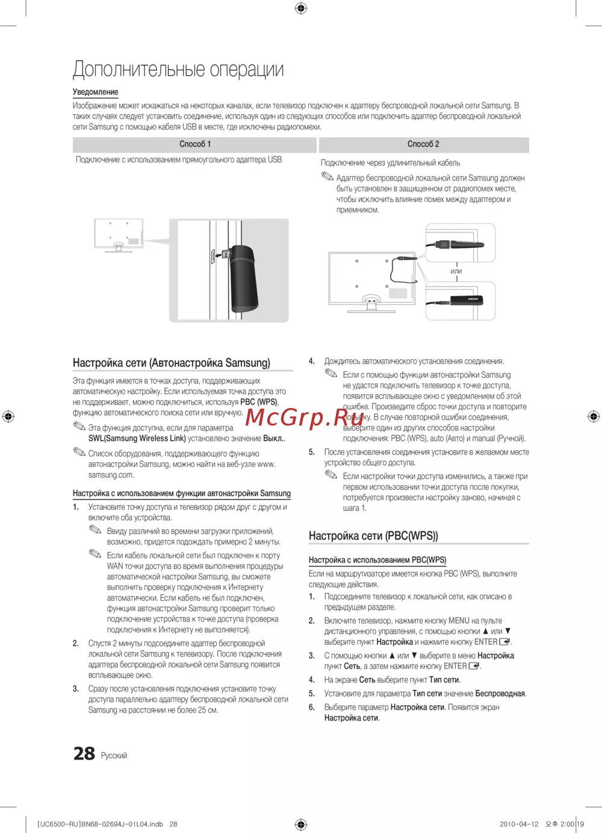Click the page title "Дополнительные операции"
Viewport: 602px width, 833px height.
point(178,69)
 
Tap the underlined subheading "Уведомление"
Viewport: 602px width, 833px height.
point(95,92)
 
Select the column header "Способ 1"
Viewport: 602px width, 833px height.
point(195,144)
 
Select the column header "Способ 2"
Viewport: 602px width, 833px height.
point(423,144)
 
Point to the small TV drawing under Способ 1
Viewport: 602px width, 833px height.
point(119,235)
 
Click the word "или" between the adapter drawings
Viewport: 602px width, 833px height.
point(456,271)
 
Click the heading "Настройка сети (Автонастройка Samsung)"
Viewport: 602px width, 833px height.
point(172,363)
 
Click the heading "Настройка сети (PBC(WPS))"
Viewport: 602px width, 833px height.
point(373,536)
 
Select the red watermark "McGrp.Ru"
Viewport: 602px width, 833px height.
point(305,416)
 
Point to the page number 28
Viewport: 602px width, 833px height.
point(84,754)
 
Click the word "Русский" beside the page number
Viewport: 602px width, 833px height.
point(114,756)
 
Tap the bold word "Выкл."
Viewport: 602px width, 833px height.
point(273,439)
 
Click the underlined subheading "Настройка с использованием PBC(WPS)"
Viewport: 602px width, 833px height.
point(377,560)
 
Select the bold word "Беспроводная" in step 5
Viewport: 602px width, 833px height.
point(500,693)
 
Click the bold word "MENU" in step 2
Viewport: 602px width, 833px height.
point(459,621)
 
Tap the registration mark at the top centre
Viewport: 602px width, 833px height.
point(301,8)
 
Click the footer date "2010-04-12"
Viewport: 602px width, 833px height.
point(519,824)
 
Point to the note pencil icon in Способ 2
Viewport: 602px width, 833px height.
point(327,176)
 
